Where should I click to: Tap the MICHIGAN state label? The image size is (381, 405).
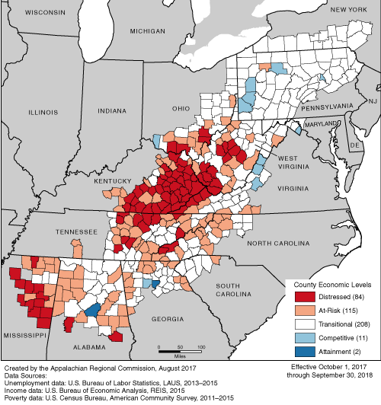tap(147, 31)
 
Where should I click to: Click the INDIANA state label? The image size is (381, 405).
tap(110, 111)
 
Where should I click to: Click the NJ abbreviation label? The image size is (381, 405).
tap(373, 100)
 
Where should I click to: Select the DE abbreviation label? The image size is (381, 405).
tap(354, 144)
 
